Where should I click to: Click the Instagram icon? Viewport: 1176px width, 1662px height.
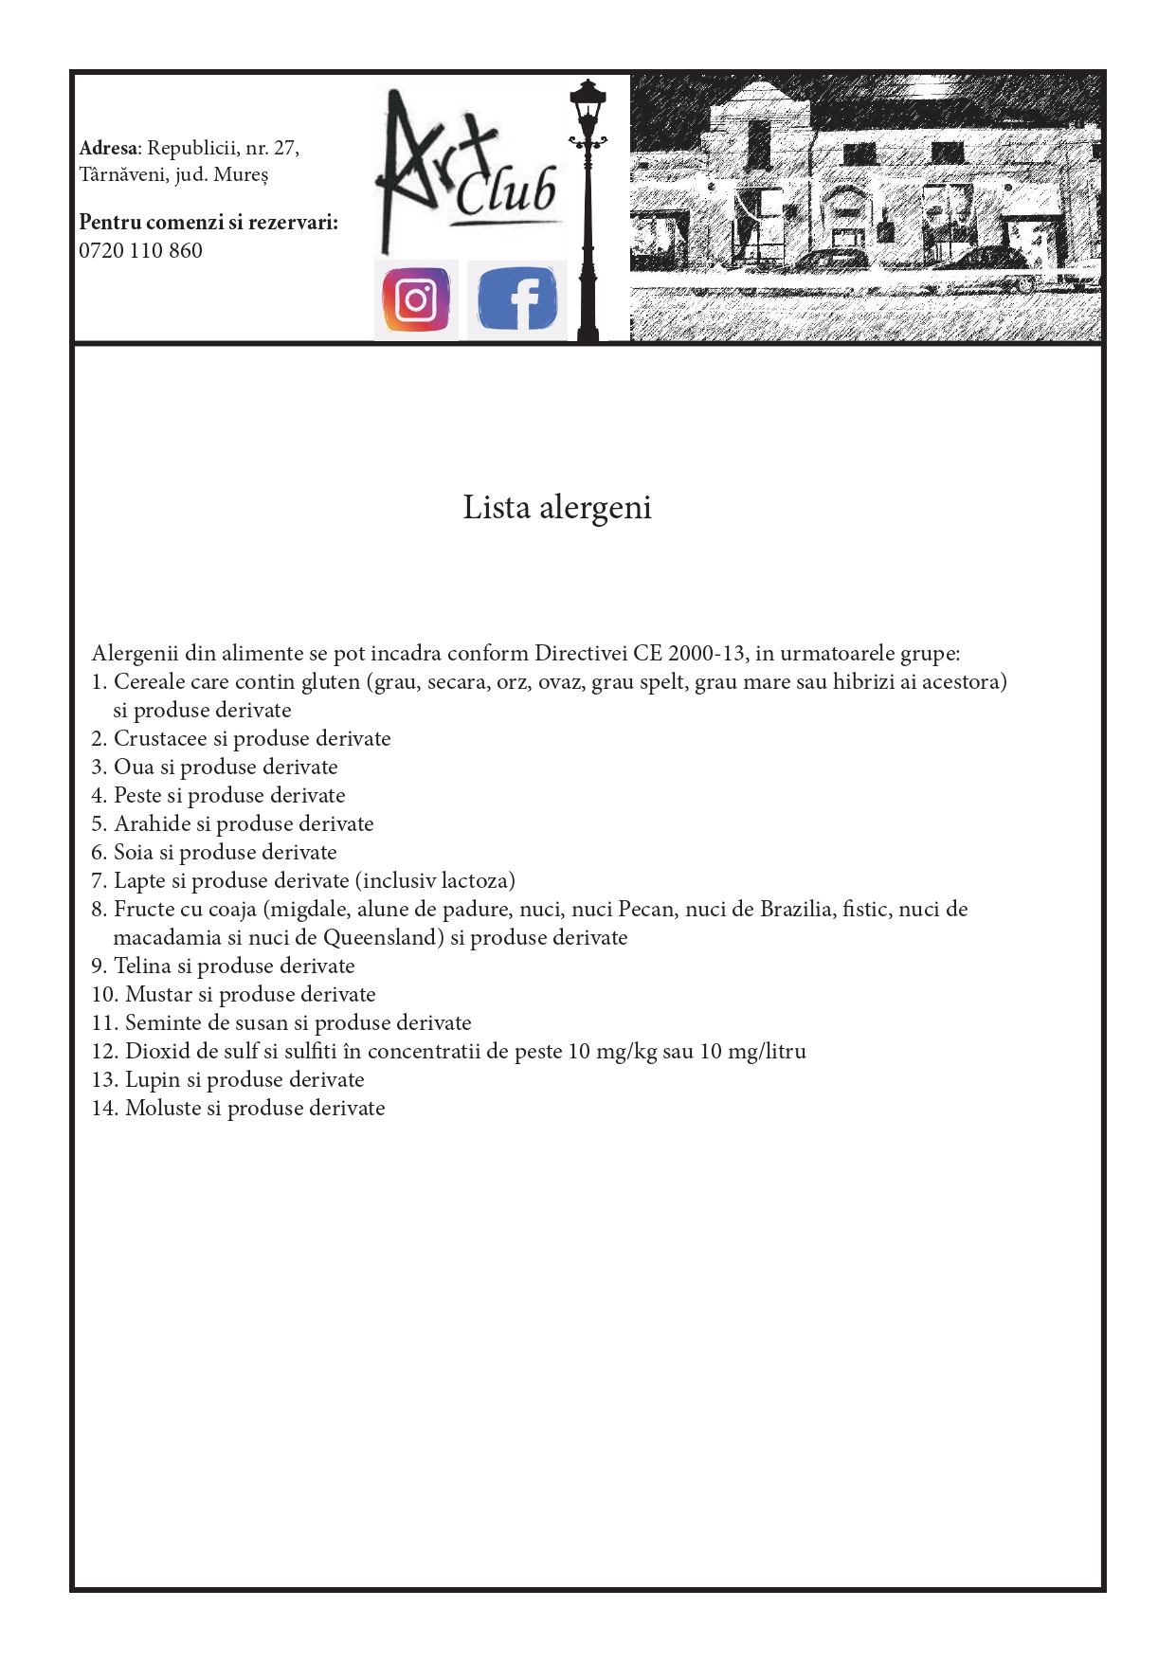[x=416, y=299]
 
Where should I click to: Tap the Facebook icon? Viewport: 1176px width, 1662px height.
[x=516, y=299]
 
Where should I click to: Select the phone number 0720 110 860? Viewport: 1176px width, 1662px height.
[x=140, y=251]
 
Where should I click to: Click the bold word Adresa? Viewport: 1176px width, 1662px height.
[x=108, y=148]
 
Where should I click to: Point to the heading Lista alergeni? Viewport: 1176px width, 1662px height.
[x=556, y=508]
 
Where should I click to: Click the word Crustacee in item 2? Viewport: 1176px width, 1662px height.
[x=160, y=739]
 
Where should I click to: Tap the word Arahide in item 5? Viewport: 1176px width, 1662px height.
[x=152, y=824]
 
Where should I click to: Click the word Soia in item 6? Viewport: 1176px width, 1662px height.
[x=134, y=853]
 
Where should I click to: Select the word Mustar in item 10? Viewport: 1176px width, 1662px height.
[x=158, y=995]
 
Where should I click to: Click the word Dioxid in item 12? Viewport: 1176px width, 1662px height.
[x=157, y=1052]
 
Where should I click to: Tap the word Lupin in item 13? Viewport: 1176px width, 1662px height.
[x=152, y=1080]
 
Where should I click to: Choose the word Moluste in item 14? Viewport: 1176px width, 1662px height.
[x=163, y=1109]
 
